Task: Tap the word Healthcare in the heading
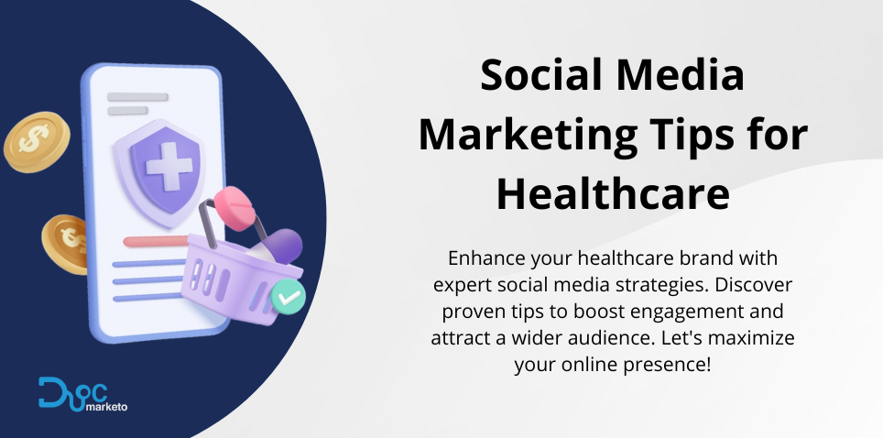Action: point(613,193)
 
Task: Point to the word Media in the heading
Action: point(680,75)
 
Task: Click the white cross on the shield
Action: point(169,166)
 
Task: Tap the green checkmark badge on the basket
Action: point(288,297)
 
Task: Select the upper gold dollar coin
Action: point(37,141)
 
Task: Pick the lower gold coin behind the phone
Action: point(64,244)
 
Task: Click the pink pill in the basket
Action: point(234,207)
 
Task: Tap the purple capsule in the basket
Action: point(284,246)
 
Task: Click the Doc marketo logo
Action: point(82,394)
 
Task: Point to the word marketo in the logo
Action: point(106,407)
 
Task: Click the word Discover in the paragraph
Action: point(754,285)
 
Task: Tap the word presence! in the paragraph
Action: point(668,365)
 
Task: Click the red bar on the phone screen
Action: point(156,242)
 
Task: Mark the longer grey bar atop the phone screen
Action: point(137,97)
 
